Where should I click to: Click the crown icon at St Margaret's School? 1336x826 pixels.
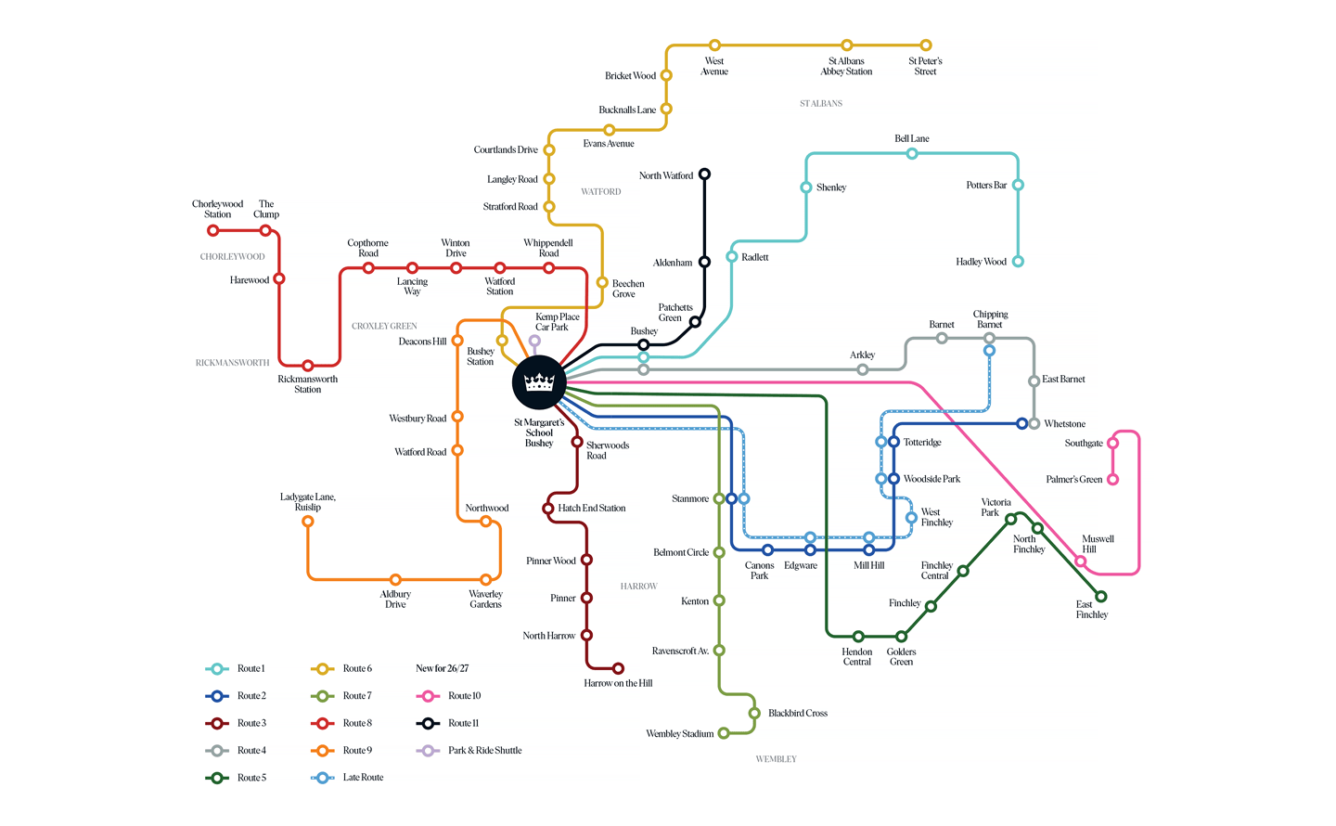pos(539,382)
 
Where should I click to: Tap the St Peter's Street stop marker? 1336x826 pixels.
pos(926,45)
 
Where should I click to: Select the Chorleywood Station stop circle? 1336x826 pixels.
pos(212,230)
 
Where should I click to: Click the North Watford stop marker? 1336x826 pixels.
pos(704,174)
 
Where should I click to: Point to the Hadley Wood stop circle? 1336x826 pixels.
pos(1018,262)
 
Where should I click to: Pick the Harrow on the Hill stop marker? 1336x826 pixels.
pos(619,668)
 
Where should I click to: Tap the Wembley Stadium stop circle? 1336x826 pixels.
pos(724,733)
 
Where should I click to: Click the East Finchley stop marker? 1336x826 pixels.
pos(1101,596)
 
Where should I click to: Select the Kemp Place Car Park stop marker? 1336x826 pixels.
pos(534,341)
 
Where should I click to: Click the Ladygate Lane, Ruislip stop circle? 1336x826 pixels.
pos(308,521)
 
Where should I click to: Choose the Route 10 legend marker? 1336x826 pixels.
pos(428,696)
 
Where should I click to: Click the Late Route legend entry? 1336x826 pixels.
pos(347,778)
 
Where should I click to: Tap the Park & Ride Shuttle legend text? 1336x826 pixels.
pos(485,750)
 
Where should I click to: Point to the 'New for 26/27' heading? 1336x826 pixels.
pos(442,668)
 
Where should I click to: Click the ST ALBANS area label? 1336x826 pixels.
pos(821,103)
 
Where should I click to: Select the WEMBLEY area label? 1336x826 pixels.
pos(776,759)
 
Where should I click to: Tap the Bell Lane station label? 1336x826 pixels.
pos(911,138)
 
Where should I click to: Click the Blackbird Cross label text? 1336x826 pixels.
pos(798,713)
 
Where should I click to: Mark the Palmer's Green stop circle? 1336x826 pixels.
pos(1112,479)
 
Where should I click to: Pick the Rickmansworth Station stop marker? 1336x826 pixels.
pos(308,366)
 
